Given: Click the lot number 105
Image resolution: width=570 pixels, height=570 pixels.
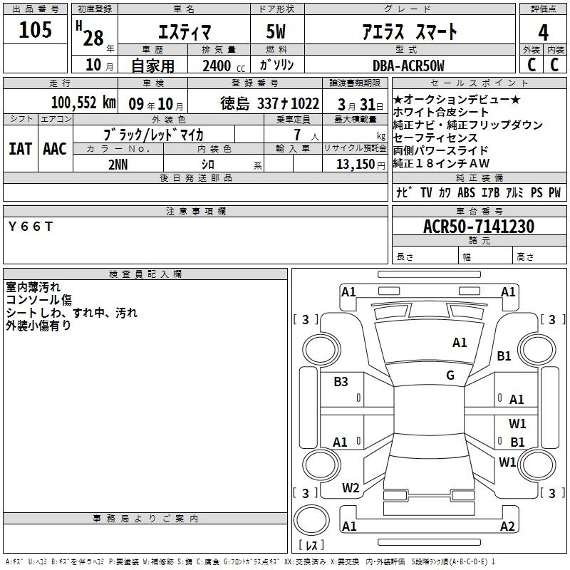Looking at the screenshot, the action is (35, 30).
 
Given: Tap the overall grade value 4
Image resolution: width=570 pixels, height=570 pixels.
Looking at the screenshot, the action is (543, 33).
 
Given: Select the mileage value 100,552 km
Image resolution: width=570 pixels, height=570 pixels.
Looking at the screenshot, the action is (83, 103).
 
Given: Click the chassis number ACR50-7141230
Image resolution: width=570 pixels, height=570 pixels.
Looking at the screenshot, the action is (479, 226).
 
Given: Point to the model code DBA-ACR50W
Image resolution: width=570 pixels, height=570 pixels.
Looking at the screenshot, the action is (408, 66).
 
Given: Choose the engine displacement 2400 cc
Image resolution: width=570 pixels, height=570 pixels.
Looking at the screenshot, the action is (224, 66).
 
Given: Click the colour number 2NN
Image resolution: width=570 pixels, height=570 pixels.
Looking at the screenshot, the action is (118, 165).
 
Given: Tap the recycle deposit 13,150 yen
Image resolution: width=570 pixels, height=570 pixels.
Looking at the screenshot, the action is (361, 165).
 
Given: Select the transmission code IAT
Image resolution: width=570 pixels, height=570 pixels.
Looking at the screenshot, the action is (21, 149).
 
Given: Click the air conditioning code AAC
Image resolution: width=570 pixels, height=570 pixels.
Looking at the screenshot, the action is (55, 149).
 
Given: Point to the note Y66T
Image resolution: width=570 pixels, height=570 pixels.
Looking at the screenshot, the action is (31, 227).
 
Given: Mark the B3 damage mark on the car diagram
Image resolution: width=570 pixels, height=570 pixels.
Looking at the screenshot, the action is (341, 382).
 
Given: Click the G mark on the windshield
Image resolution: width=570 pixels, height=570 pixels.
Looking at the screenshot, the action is (450, 375).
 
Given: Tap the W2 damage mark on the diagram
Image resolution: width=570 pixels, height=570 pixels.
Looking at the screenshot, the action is (351, 488).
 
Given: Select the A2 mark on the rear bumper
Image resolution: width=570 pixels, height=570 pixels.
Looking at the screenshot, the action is (507, 526).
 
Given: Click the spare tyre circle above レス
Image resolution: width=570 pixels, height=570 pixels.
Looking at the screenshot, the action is (311, 520).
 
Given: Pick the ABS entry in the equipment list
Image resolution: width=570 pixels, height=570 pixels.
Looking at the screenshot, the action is (466, 192).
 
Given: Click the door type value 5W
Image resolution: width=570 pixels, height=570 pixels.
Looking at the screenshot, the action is (276, 31).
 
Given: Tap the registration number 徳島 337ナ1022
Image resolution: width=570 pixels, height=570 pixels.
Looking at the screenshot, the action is (269, 103).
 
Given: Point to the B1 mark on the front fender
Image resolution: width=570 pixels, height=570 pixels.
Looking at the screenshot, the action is (504, 356).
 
